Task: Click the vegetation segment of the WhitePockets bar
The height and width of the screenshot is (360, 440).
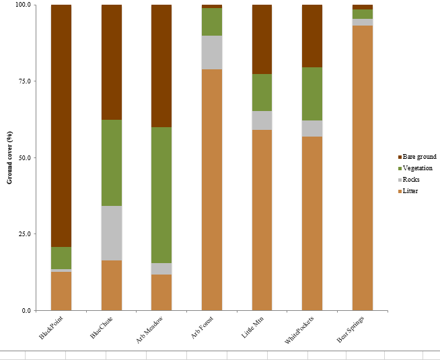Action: coord(312,94)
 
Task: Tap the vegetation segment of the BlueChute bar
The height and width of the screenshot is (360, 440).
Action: coord(112,163)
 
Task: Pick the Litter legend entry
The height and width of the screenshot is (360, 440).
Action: coord(411,191)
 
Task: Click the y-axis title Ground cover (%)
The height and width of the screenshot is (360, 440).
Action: coord(10,157)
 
